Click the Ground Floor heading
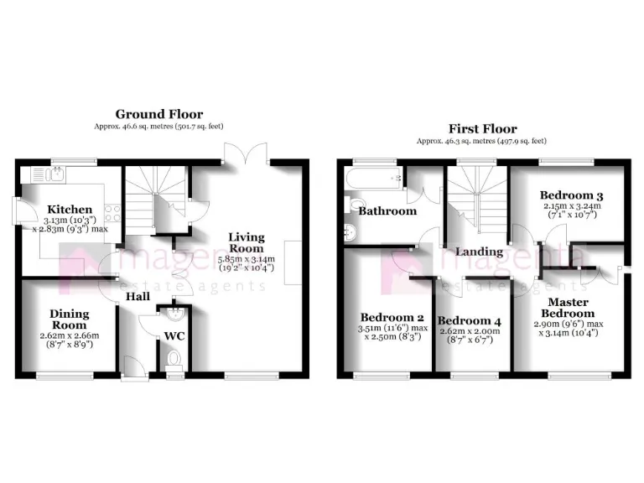159,114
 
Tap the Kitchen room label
70,209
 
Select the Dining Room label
70,319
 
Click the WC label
174,336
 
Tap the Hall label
139,297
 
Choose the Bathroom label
387,211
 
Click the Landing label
480,252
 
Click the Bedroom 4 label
470,321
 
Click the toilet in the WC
174,358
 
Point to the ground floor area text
159,127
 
